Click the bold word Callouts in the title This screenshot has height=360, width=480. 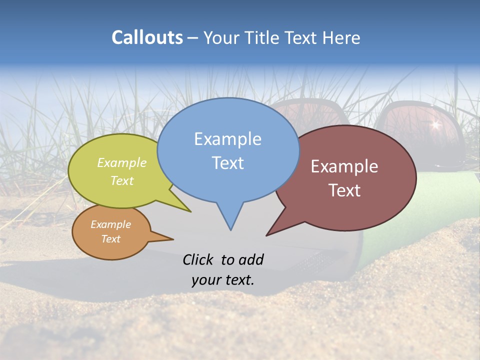click(147, 37)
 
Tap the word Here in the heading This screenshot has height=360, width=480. click(342, 37)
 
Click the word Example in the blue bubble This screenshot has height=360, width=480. click(227, 139)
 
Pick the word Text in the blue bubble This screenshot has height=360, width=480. click(227, 163)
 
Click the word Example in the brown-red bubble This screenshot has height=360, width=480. click(344, 166)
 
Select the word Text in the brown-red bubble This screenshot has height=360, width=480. click(345, 190)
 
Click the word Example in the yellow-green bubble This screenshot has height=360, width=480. click(122, 162)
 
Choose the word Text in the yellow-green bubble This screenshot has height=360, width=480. click(122, 180)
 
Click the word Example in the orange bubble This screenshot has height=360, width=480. click(110, 224)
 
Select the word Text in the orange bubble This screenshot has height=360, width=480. click(110, 239)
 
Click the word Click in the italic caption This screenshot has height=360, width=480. click(198, 259)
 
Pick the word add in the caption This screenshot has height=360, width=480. click(250, 259)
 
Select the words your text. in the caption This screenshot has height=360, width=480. click(223, 280)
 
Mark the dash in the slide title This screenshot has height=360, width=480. click(193, 38)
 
